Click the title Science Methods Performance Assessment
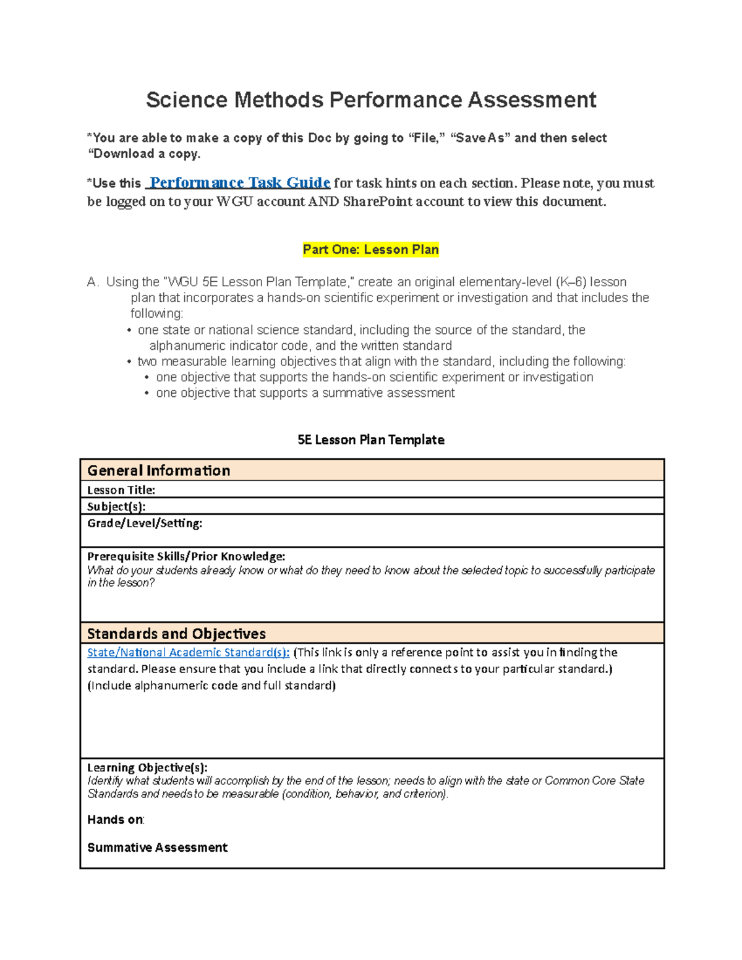coord(371,100)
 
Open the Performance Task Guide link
coord(240,182)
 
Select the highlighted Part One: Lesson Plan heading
coord(370,250)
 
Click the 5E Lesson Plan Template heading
coord(371,440)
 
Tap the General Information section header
coord(159,470)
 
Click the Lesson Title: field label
coord(121,490)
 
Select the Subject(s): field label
coord(116,506)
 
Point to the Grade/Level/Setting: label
coord(145,523)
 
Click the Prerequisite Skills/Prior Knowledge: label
coord(186,556)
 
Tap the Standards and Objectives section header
coord(176,634)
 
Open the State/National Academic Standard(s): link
coord(188,652)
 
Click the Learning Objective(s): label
coord(147,767)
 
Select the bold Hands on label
coord(115,820)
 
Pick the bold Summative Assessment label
coord(157,847)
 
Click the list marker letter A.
coord(92,282)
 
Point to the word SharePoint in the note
coord(377,202)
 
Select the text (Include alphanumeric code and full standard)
coord(211,685)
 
